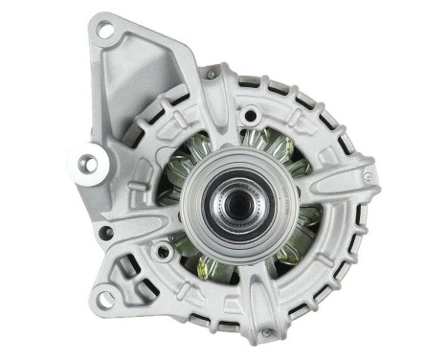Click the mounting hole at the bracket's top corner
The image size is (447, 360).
[104, 34]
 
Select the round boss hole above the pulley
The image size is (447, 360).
[250, 117]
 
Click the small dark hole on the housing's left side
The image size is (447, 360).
[107, 231]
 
